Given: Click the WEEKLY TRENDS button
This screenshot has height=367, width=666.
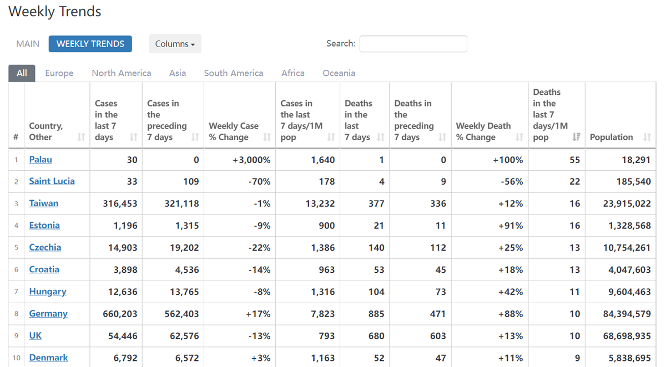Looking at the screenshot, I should [x=90, y=44].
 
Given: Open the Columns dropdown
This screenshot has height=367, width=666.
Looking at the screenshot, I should [x=175, y=44].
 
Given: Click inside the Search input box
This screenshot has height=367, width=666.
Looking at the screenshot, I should [x=413, y=44].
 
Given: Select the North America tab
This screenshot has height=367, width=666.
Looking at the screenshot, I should [x=121, y=73].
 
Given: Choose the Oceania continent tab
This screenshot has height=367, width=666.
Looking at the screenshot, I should [x=339, y=73].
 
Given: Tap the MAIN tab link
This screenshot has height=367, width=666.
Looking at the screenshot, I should [x=28, y=44].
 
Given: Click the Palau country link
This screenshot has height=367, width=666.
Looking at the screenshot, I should [x=41, y=160].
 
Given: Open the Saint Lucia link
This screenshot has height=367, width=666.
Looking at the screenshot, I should [x=52, y=181].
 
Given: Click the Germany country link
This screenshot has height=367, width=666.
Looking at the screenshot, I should [x=48, y=314].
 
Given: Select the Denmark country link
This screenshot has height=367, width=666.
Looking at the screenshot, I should [x=48, y=358].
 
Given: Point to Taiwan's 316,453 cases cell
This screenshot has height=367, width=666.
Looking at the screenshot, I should [x=120, y=203].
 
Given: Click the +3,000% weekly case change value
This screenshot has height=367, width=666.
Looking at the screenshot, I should [x=251, y=160].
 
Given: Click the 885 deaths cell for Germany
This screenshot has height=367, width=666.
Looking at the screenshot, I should [x=376, y=314].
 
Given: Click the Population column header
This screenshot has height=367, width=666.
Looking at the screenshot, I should [x=612, y=137].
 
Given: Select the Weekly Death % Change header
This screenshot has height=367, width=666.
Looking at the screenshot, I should [x=483, y=131].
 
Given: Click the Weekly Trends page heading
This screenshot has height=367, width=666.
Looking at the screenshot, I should [x=55, y=12].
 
